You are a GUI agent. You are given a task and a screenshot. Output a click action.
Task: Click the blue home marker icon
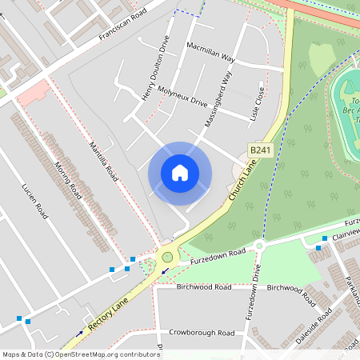click(180, 172)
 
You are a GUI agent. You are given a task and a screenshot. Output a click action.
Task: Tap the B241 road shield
click(258, 150)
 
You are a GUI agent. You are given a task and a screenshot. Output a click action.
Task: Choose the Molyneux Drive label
click(182, 96)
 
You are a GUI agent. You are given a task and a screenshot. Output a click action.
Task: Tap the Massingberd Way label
click(218, 100)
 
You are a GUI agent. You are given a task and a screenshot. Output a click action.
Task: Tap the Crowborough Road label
click(202, 331)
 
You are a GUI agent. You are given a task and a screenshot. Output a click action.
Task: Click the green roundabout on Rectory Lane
click(167, 258)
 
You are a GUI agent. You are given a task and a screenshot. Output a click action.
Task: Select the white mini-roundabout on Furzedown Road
click(258, 246)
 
